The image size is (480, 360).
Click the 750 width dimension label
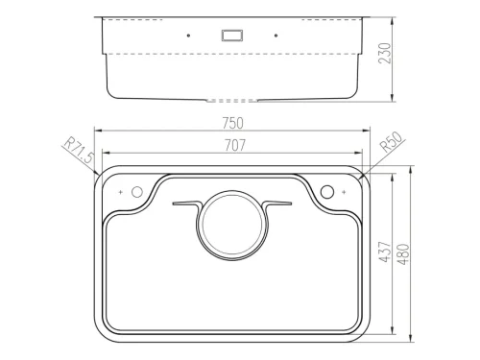click(232, 123)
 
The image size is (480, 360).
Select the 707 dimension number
click(235, 146)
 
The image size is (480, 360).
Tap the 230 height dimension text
click(385, 53)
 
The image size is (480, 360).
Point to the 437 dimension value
click(385, 252)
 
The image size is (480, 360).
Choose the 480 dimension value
click(403, 254)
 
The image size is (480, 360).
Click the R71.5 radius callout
click(79, 150)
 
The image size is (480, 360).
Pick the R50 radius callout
click(392, 142)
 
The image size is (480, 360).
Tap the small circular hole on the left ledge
click(137, 192)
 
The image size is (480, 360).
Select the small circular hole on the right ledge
click(327, 192)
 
